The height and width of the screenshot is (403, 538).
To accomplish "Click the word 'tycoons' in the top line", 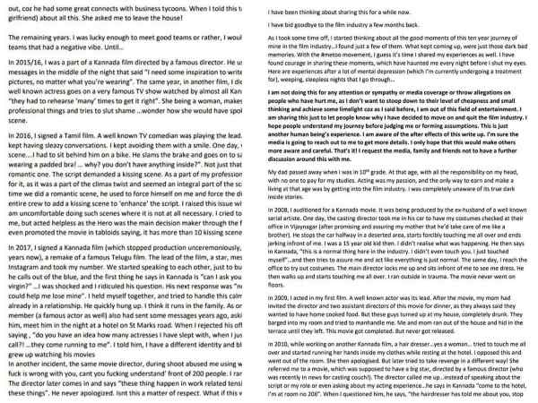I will [205, 7].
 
